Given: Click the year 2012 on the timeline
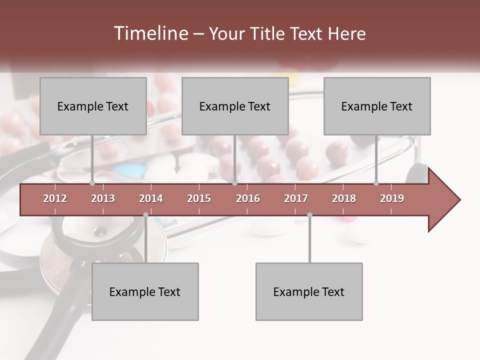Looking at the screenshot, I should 55,198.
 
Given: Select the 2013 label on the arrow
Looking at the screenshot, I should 103,198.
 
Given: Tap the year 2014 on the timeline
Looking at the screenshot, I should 151,198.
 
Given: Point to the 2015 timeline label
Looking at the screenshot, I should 199,198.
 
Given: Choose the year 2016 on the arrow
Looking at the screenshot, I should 248,198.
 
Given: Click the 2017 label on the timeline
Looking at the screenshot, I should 296,198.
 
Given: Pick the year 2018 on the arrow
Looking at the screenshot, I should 344,198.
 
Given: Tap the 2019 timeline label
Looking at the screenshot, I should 392,198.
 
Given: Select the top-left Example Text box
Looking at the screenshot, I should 93,106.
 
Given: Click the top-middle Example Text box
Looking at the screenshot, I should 235,106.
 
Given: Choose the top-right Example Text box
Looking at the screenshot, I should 377,106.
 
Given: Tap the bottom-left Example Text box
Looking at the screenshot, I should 145,291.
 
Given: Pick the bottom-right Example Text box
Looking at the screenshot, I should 309,291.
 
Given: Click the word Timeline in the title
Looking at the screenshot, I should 150,33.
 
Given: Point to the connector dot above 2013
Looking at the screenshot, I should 92,183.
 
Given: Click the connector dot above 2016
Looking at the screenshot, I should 235,183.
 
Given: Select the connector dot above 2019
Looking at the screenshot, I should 376,183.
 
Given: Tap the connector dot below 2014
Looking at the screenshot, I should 145,215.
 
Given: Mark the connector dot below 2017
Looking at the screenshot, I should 309,215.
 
